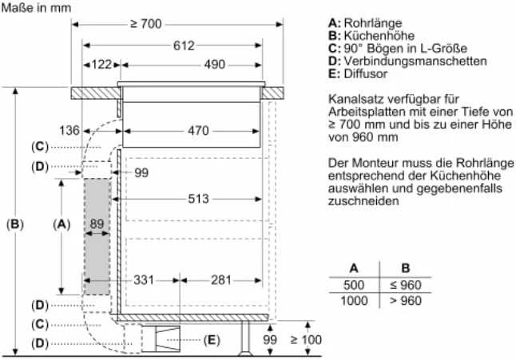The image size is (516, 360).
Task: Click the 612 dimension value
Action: [x=184, y=45]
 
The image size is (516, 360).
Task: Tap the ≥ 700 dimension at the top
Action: [x=146, y=24]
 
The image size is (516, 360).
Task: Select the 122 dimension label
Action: [x=101, y=65]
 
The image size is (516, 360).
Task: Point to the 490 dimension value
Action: [x=215, y=65]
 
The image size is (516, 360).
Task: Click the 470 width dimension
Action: [x=198, y=131]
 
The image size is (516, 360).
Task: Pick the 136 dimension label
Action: [x=69, y=131]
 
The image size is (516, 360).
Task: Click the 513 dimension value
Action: [x=198, y=199]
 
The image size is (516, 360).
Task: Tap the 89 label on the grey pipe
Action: [x=97, y=224]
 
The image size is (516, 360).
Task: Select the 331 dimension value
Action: [x=144, y=280]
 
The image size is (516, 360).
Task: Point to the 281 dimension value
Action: [x=221, y=280]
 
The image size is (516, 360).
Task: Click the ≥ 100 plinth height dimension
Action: [x=306, y=339]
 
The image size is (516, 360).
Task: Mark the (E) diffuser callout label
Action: [x=211, y=339]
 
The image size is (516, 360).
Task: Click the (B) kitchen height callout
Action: [x=15, y=224]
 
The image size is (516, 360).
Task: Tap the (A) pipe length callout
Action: [x=62, y=224]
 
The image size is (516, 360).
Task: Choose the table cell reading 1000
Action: [x=354, y=300]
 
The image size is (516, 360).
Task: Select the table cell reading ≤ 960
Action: [x=406, y=285]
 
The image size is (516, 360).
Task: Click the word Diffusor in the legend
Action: [x=366, y=73]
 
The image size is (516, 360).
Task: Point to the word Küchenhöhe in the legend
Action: [x=379, y=35]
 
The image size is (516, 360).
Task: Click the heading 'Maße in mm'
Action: [x=36, y=7]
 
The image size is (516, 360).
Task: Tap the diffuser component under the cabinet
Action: [x=168, y=339]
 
